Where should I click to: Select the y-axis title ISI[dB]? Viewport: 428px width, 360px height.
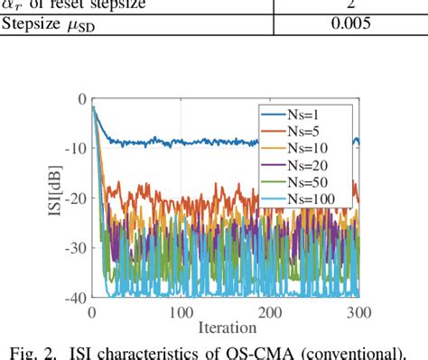coord(51,198)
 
